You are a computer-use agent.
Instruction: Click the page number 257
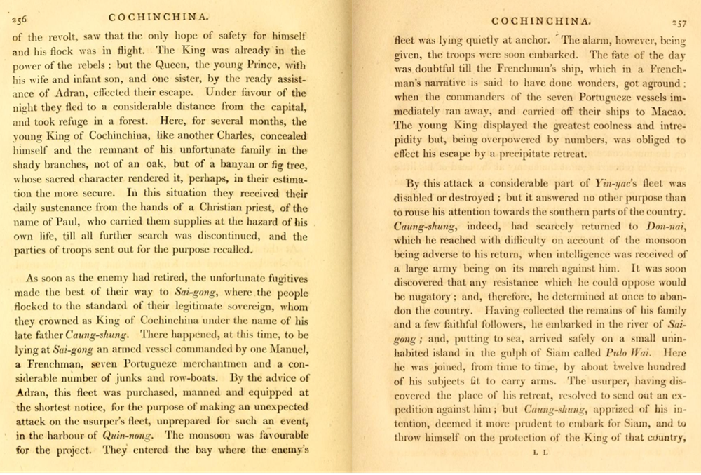coord(679,22)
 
